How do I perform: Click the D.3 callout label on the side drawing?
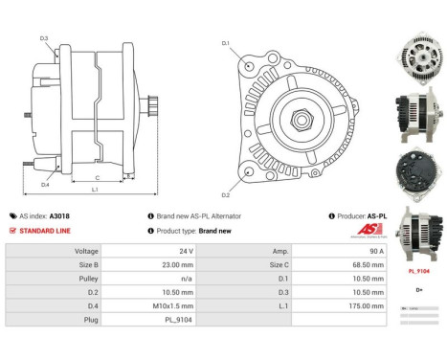click(x=45, y=38)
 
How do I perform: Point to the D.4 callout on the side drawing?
click(x=45, y=184)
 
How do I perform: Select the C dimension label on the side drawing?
click(x=98, y=178)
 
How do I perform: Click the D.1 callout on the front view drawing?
click(x=226, y=43)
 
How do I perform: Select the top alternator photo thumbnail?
click(x=418, y=56)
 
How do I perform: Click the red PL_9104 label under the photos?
click(x=419, y=271)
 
